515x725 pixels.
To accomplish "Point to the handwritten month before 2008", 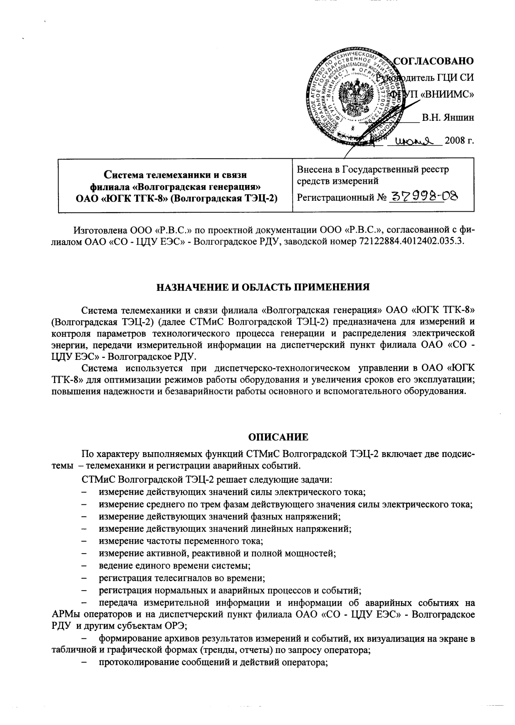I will (x=414, y=141).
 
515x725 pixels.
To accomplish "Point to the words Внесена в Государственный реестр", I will (x=373, y=170).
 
